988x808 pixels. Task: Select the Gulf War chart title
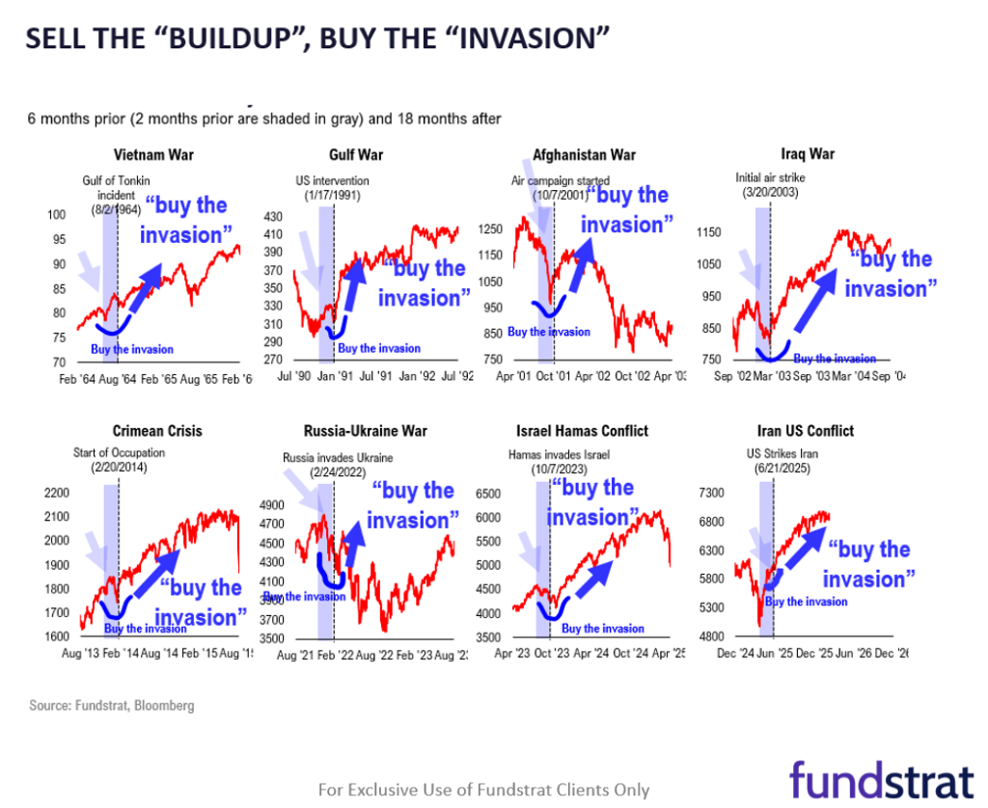point(348,153)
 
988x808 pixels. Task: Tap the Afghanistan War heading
point(584,154)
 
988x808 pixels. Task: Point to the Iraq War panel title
point(808,153)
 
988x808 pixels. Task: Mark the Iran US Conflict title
point(807,431)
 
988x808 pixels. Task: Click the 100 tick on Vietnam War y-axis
point(57,215)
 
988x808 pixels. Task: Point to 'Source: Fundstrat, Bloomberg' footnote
point(111,706)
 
